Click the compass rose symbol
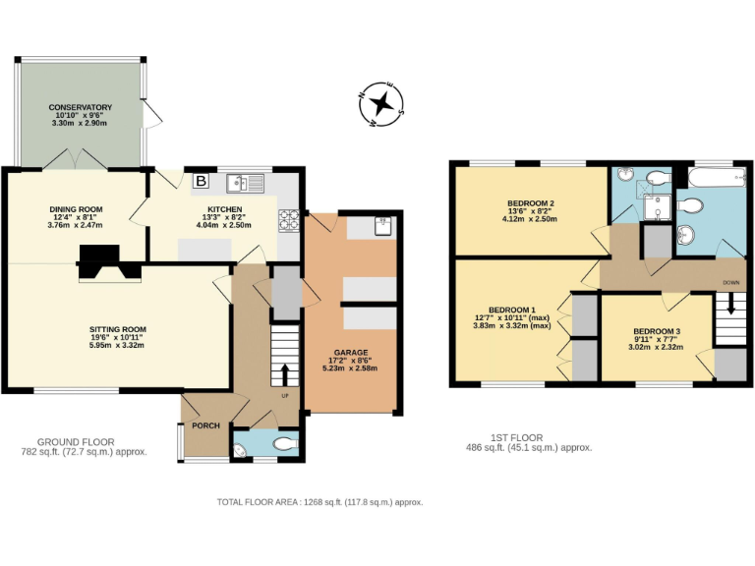click(383, 102)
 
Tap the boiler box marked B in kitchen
click(201, 181)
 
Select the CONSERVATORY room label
click(81, 107)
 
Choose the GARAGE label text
click(350, 352)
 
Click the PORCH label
click(205, 425)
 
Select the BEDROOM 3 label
click(657, 331)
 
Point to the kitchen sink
click(240, 184)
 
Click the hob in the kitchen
click(290, 221)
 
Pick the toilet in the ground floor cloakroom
click(286, 444)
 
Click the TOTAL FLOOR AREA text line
click(319, 502)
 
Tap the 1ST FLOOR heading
click(515, 438)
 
